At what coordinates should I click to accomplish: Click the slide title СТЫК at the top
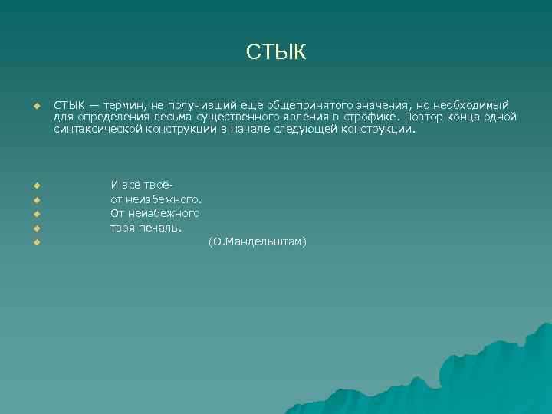click(x=276, y=52)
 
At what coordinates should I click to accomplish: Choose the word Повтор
click(x=425, y=117)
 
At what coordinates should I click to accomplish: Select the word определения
click(x=108, y=117)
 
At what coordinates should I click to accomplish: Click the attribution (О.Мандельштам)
click(x=257, y=242)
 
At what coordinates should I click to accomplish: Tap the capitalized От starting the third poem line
click(x=118, y=213)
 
